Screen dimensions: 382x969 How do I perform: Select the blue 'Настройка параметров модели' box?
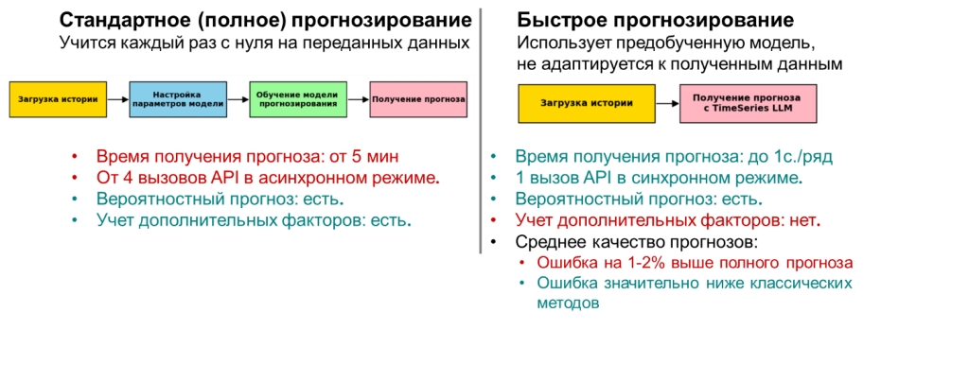(178, 99)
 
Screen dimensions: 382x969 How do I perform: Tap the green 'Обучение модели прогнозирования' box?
(298, 99)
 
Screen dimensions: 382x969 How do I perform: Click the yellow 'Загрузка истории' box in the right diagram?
(587, 103)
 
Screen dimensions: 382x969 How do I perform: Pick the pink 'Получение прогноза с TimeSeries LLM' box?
(747, 103)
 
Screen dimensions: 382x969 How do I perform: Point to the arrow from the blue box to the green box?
(238, 99)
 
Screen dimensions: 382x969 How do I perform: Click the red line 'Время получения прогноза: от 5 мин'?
(248, 156)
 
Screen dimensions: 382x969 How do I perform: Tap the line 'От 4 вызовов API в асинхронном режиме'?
(268, 178)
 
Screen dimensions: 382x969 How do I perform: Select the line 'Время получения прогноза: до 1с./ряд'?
(674, 156)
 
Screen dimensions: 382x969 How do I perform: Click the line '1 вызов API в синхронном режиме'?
(659, 178)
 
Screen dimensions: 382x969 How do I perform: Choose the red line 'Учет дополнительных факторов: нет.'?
(667, 221)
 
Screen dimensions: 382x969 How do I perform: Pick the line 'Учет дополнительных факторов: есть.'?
(255, 221)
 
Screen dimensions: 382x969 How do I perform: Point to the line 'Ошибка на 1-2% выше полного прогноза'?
(696, 262)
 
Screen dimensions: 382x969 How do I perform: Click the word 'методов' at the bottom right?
(568, 304)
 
